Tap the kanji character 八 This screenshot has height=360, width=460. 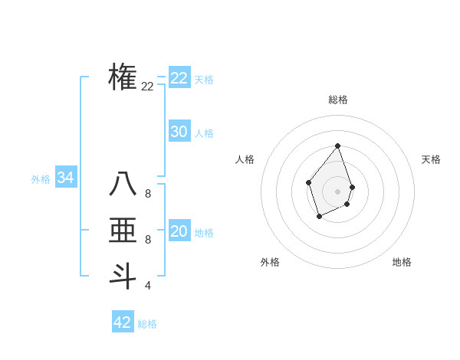pos(123,185)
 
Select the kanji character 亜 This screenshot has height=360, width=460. pos(123,231)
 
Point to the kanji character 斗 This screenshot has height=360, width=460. pos(123,275)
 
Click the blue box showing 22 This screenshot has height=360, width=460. pos(179,78)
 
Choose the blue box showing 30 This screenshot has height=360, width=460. pos(179,132)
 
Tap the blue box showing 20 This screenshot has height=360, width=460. pos(179,231)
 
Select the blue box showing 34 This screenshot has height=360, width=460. pos(66,178)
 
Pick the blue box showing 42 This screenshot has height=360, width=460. pos(123,322)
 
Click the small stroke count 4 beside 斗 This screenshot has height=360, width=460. pos(148,286)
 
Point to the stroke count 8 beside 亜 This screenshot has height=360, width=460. pos(148,240)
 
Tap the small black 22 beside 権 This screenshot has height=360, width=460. pos(148,87)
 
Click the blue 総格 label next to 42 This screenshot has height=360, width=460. pos(147,324)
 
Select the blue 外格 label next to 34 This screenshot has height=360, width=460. pos(41,179)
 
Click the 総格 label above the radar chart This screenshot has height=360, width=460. pos(338,100)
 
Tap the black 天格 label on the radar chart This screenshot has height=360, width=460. pos(432,159)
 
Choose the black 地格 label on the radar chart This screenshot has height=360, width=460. pos(402,262)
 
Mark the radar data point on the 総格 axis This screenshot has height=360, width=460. pos(338,146)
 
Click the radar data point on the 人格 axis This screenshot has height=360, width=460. pos(308,182)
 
